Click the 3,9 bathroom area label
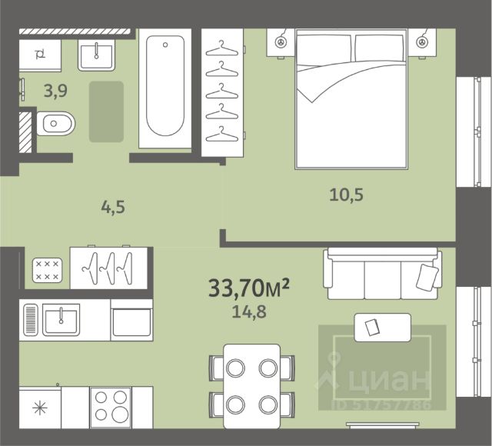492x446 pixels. click(55, 91)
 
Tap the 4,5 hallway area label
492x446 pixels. click(113, 207)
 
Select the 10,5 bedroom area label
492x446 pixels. click(346, 195)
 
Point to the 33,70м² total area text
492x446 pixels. click(248, 288)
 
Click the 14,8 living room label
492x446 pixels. click(249, 311)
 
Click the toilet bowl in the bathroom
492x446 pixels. click(56, 123)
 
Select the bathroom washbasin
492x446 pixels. click(96, 56)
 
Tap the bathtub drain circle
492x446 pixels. click(165, 45)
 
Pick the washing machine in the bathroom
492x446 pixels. click(40, 55)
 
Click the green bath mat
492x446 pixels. click(106, 111)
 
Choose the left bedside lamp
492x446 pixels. click(280, 42)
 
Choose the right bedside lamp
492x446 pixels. click(421, 42)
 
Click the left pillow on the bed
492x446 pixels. click(324, 48)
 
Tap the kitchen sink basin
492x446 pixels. click(61, 320)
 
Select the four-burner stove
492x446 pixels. click(111, 408)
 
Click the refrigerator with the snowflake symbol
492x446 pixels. click(40, 408)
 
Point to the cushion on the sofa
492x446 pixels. click(427, 277)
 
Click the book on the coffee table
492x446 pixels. click(372, 327)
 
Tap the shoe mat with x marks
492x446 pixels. click(47, 270)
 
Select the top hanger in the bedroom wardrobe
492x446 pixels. click(222, 49)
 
